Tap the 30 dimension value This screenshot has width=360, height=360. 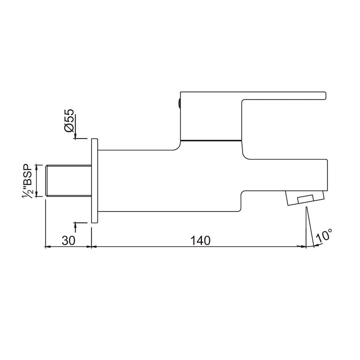point(68,240)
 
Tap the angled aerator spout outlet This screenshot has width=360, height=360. point(304,198)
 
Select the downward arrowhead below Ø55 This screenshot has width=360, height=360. point(76,136)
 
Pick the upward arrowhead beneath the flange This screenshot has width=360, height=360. point(76,226)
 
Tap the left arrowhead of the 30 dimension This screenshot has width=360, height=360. point(47,247)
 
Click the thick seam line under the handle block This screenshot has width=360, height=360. point(211,139)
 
